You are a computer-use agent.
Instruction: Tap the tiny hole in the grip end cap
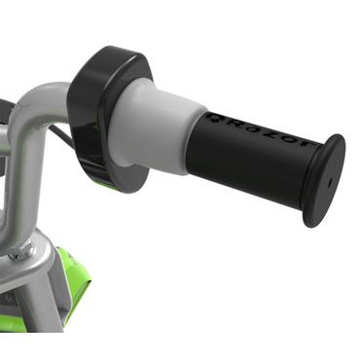click(329, 181)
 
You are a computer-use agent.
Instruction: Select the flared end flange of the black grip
click(320, 181)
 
